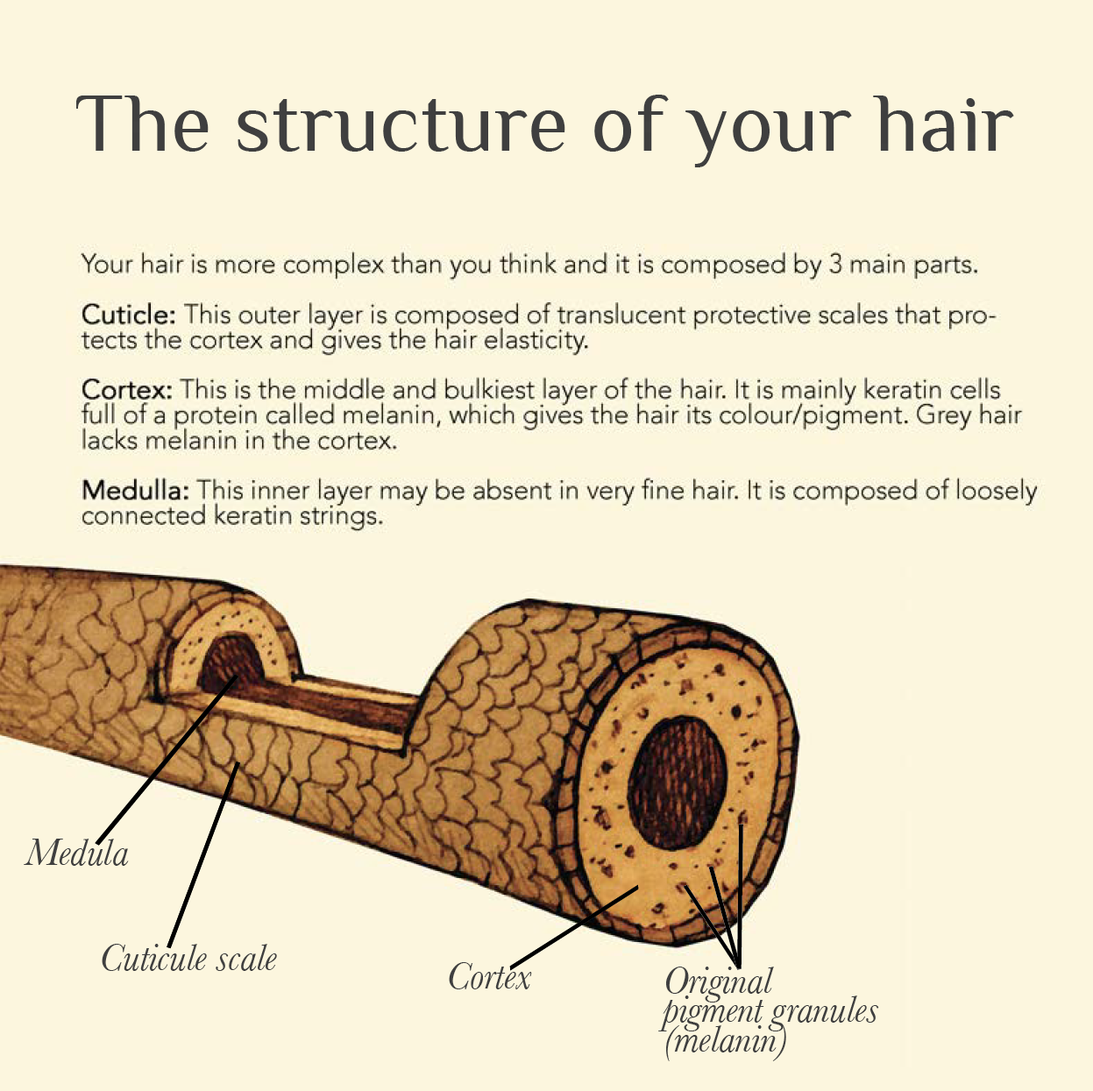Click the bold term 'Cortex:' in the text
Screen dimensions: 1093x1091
pos(127,390)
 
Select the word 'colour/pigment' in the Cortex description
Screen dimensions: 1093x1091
pos(813,414)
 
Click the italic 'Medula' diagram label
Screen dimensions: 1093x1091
pos(77,854)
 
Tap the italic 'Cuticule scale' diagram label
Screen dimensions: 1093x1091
pos(188,959)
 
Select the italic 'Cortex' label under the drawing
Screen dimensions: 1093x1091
pos(489,977)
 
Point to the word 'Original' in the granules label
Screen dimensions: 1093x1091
pos(719,981)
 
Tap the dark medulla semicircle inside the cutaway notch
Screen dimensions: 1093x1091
pos(230,665)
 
